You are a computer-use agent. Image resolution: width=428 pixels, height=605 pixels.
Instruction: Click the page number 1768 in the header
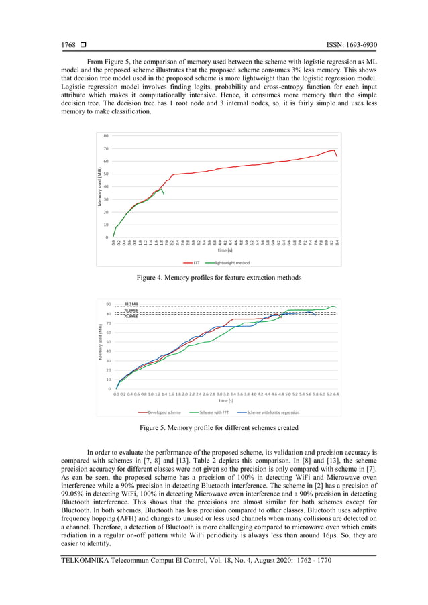tap(68, 46)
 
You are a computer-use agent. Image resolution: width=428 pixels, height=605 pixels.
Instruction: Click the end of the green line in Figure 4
tap(164, 195)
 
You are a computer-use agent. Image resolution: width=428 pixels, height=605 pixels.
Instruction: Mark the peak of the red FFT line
tap(333, 150)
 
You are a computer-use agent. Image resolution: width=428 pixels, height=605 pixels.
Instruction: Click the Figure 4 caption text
tap(214, 278)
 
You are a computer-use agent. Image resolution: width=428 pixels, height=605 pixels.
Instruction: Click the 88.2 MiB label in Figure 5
tap(131, 305)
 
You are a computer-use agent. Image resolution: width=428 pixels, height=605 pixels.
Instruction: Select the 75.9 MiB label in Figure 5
tap(131, 316)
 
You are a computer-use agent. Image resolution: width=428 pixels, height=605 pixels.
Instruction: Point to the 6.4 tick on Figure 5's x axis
tap(335, 394)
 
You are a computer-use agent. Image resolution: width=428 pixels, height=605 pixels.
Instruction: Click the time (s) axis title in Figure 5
tap(225, 401)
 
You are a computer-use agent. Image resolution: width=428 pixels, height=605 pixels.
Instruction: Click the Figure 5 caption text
tap(214, 427)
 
